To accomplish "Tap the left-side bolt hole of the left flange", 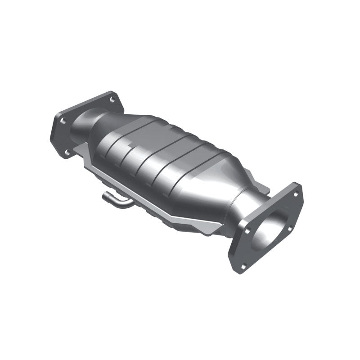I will click(x=63, y=120).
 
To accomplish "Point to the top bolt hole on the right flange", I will click(x=296, y=194).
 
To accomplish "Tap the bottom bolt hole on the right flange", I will click(x=243, y=265).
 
